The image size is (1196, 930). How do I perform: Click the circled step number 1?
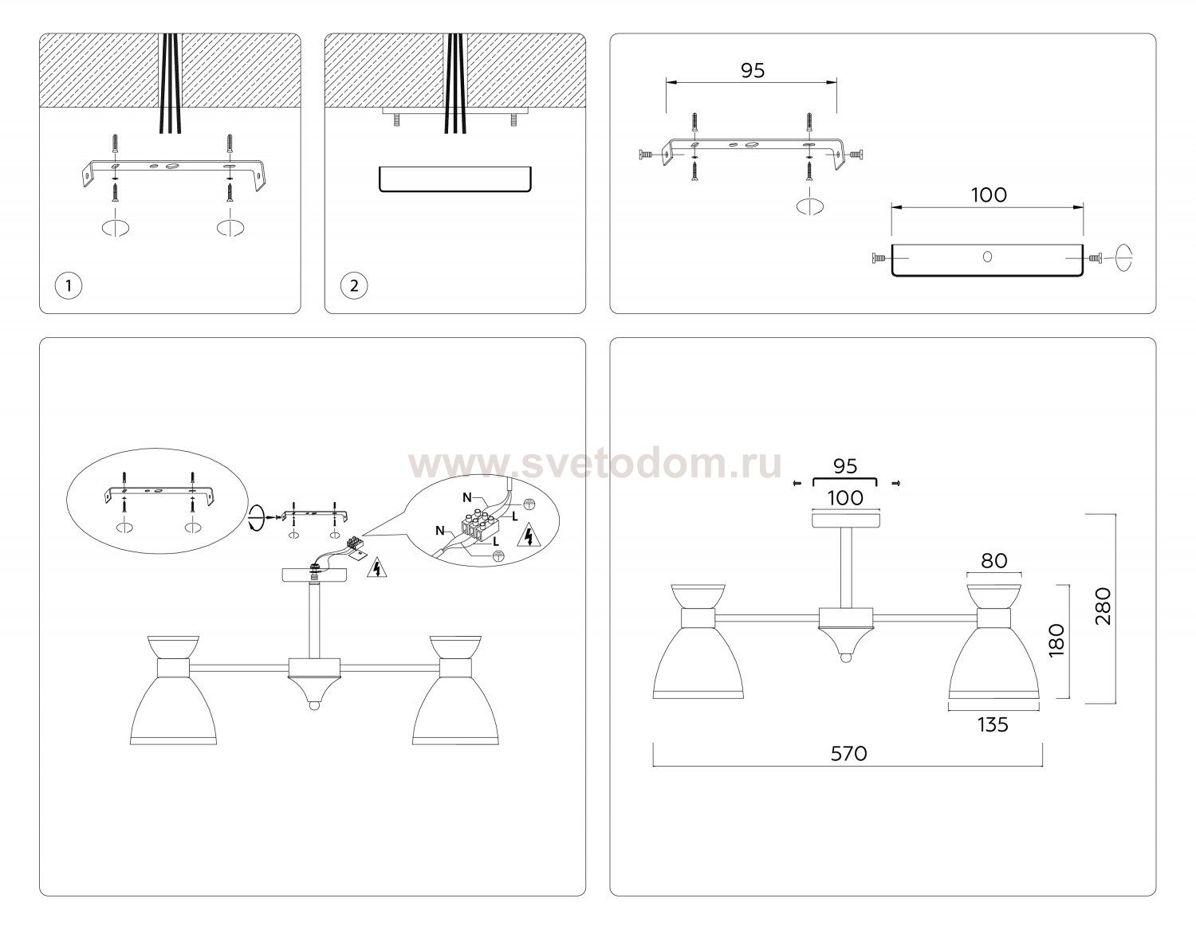pyautogui.click(x=69, y=285)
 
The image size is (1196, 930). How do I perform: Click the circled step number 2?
pyautogui.click(x=354, y=285)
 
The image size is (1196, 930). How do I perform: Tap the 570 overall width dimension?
pyautogui.click(x=848, y=753)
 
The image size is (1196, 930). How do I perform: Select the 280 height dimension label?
pyautogui.click(x=1103, y=606)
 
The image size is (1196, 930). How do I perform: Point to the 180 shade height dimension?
pyautogui.click(x=1056, y=640)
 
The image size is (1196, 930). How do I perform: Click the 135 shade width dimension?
pyautogui.click(x=993, y=724)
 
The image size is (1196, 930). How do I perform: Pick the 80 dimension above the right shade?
pyautogui.click(x=994, y=560)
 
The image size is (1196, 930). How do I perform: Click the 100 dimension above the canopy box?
pyautogui.click(x=989, y=194)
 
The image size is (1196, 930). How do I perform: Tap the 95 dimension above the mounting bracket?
pyautogui.click(x=753, y=70)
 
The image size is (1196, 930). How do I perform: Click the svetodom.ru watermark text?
pyautogui.click(x=595, y=465)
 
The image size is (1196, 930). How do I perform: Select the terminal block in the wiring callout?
pyautogui.click(x=478, y=526)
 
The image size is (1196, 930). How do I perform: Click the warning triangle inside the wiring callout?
pyautogui.click(x=529, y=535)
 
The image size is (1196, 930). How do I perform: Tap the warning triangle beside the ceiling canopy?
pyautogui.click(x=376, y=567)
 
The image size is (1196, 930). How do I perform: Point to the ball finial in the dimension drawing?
pyautogui.click(x=845, y=657)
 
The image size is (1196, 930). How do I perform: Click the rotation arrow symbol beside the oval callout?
pyautogui.click(x=256, y=517)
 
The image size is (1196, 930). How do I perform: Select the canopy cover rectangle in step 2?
pyautogui.click(x=455, y=179)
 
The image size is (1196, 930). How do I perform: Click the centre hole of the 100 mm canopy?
pyautogui.click(x=987, y=257)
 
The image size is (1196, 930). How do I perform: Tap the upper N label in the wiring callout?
pyautogui.click(x=467, y=498)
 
